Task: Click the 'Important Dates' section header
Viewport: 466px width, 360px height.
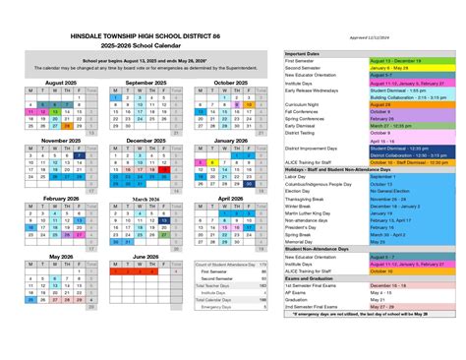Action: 305,53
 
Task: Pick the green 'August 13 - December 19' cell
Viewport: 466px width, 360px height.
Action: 395,60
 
